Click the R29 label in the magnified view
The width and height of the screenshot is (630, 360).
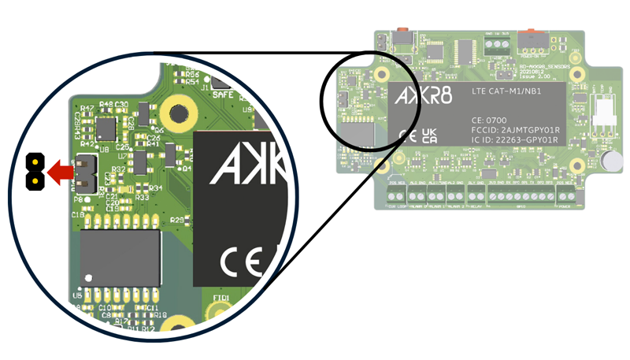[177, 218]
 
